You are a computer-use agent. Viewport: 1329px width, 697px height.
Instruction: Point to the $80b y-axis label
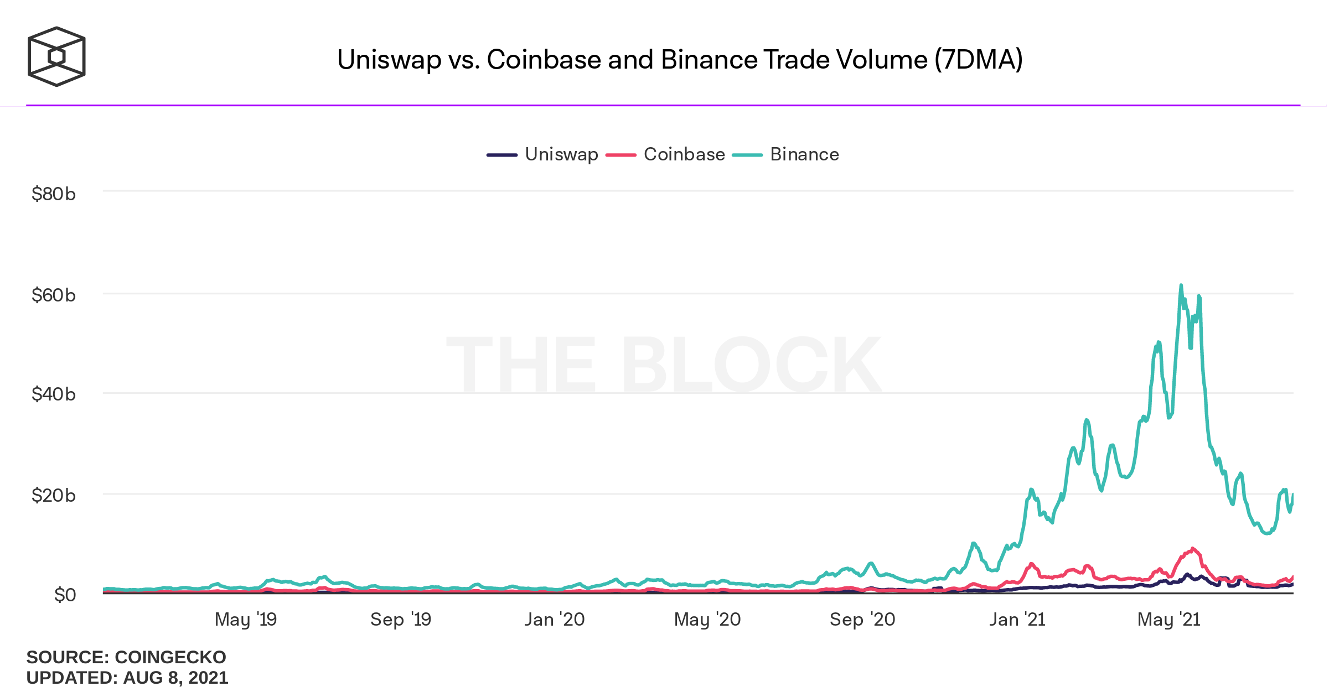tap(54, 194)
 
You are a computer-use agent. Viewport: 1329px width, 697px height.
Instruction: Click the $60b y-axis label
tap(54, 295)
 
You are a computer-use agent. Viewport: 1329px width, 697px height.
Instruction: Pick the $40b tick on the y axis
tap(54, 394)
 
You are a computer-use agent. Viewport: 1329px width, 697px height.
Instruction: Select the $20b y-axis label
tap(54, 495)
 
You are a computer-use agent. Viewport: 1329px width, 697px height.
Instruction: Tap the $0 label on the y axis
tap(65, 595)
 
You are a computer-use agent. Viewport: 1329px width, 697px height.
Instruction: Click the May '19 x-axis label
tap(246, 620)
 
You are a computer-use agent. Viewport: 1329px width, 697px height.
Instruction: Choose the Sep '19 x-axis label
tap(401, 620)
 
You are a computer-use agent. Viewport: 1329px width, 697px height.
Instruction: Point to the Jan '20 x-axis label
tap(555, 620)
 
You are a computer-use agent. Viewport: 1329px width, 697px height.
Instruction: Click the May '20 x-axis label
tap(707, 620)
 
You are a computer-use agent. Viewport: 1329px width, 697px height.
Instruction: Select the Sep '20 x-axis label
tap(862, 620)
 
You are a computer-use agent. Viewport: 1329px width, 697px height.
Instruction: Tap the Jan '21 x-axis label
tap(1017, 620)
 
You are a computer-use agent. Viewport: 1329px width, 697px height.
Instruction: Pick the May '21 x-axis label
tap(1169, 620)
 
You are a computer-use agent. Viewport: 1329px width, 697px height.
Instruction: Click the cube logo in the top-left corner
tap(56, 56)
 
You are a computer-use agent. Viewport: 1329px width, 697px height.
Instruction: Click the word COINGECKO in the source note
tap(170, 657)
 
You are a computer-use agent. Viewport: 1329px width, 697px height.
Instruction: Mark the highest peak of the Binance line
tap(1181, 285)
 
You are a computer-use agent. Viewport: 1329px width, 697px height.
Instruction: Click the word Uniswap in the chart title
tap(389, 60)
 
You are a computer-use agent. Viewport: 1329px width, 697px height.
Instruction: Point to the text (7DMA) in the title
tap(979, 60)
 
